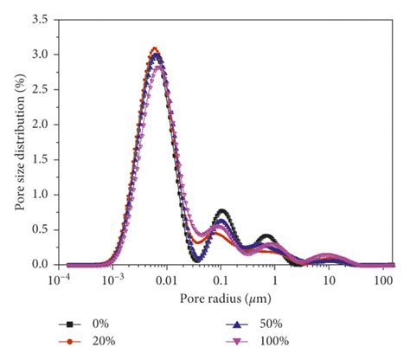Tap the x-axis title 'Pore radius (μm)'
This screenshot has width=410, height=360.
(226, 299)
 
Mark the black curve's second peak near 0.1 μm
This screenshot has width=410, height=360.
(222, 211)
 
